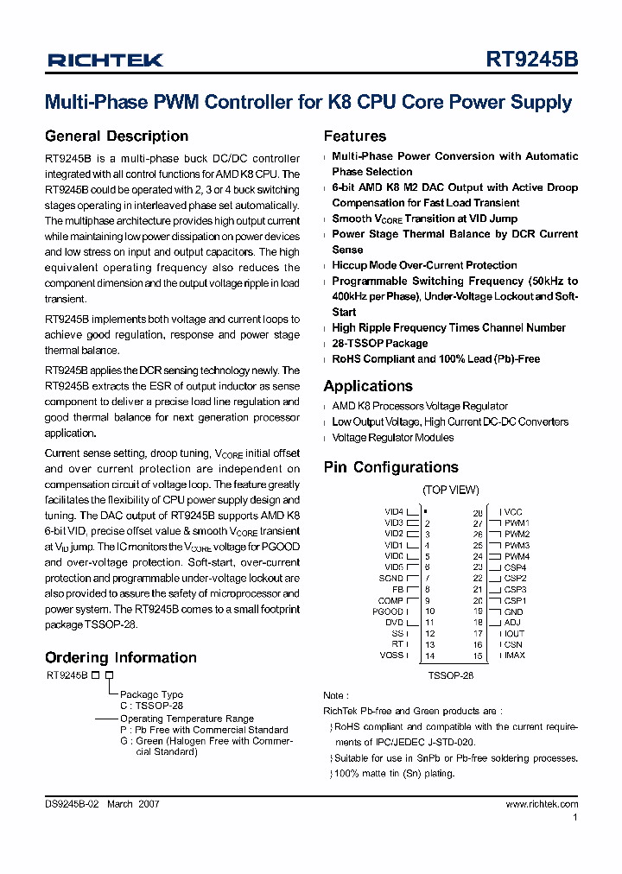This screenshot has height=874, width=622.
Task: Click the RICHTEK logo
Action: (x=105, y=60)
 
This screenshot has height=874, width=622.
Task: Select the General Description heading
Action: (x=117, y=136)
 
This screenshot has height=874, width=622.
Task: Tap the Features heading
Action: (x=355, y=136)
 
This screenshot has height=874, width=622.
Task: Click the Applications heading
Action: (x=368, y=386)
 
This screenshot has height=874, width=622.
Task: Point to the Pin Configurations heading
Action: (x=390, y=467)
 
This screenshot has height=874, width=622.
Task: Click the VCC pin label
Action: (x=513, y=512)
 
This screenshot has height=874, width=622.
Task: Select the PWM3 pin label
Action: (x=517, y=545)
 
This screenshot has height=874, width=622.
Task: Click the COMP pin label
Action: (x=390, y=600)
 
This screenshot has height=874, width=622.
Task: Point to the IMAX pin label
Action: (x=515, y=655)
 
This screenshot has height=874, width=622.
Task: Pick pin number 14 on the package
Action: (x=429, y=655)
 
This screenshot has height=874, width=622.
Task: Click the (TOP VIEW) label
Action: (x=450, y=491)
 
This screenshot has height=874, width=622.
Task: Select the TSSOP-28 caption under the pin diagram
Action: (x=451, y=676)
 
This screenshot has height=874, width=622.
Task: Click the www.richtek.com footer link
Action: (x=542, y=804)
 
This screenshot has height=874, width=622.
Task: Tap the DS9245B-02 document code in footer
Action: (x=73, y=804)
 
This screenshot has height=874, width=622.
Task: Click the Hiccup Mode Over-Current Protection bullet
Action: (x=424, y=265)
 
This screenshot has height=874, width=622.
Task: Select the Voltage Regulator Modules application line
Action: (x=392, y=437)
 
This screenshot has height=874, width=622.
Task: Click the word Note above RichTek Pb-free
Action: (x=333, y=695)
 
